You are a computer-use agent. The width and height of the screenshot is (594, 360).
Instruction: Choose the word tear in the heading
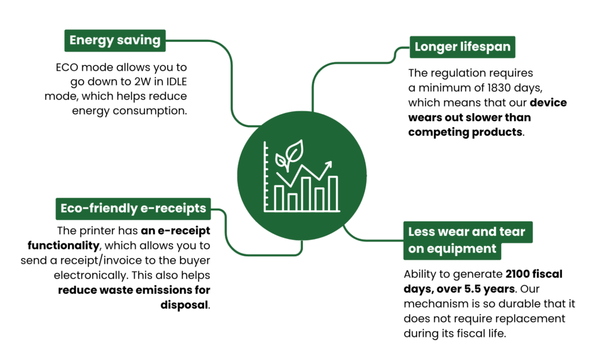(x=512, y=232)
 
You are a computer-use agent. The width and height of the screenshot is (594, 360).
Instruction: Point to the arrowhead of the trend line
(x=330, y=164)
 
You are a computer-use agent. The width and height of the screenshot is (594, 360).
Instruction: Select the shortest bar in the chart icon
(x=292, y=201)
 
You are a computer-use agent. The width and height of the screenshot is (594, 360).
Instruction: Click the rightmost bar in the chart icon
(x=333, y=193)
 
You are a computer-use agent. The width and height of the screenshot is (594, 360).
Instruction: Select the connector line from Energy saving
(x=232, y=81)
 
